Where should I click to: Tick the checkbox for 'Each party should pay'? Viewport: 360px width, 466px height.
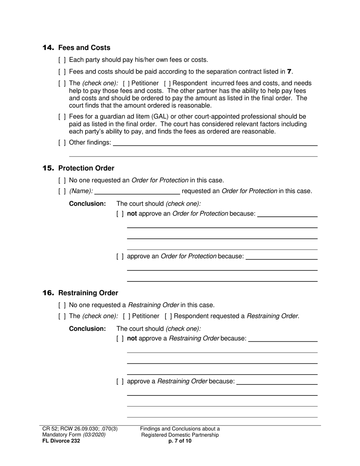(62, 60)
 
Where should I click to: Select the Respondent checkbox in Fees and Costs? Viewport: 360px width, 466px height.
(167, 83)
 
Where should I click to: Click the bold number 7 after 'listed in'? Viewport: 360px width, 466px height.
(290, 72)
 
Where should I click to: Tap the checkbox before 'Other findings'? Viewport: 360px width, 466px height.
(62, 142)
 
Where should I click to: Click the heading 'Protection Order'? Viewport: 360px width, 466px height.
(86, 168)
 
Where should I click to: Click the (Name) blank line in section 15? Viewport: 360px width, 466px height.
(137, 191)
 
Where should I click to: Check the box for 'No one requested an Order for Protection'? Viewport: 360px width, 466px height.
(62, 180)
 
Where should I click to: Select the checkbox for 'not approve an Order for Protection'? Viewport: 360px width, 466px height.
(120, 214)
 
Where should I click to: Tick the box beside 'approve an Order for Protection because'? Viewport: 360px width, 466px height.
(120, 256)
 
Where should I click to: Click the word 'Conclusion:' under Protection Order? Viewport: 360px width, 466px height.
(87, 204)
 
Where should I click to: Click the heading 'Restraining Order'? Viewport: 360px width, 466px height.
(88, 293)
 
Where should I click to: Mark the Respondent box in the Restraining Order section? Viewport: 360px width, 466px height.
(168, 316)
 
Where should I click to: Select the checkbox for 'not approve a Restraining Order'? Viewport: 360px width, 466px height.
(120, 339)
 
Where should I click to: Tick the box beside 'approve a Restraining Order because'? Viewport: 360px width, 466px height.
(120, 382)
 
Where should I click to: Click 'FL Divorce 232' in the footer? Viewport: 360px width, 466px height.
(61, 441)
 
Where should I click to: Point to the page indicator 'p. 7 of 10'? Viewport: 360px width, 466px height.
(180, 441)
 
